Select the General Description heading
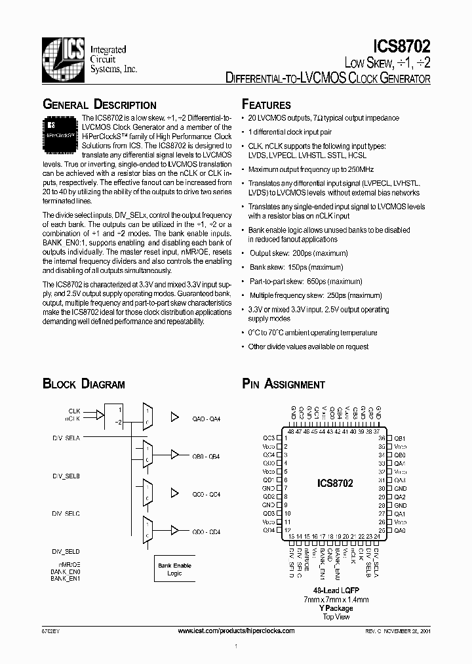[100, 105]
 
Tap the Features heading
[266, 105]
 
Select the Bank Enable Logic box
[174, 569]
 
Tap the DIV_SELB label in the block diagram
[66, 475]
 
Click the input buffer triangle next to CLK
[100, 414]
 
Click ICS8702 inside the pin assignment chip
[334, 484]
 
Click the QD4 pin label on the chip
[269, 530]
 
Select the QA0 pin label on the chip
[400, 530]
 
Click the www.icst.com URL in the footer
[236, 631]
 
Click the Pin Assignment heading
[283, 384]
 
